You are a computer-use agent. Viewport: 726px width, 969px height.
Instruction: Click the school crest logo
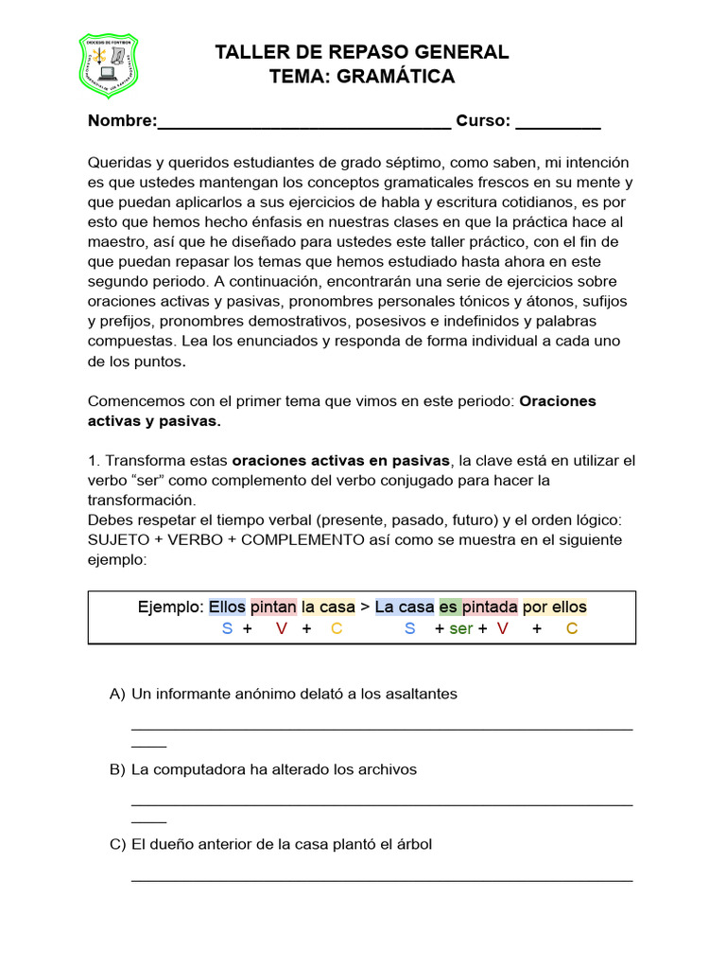coord(108,67)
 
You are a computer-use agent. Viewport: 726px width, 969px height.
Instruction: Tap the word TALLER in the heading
coord(248,52)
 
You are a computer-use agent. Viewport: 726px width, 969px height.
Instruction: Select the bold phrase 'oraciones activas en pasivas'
coord(341,461)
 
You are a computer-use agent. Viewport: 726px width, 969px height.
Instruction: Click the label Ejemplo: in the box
coord(170,608)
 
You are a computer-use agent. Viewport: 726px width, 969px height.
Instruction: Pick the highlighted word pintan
coord(273,608)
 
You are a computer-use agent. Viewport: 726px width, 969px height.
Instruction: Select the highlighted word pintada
coord(490,608)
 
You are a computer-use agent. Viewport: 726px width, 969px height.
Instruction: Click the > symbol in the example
coord(365,608)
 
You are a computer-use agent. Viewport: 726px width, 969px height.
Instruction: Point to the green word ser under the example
coord(460,629)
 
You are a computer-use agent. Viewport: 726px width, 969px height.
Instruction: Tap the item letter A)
coord(117,695)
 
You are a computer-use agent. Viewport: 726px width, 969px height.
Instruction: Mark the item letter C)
coord(117,844)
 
